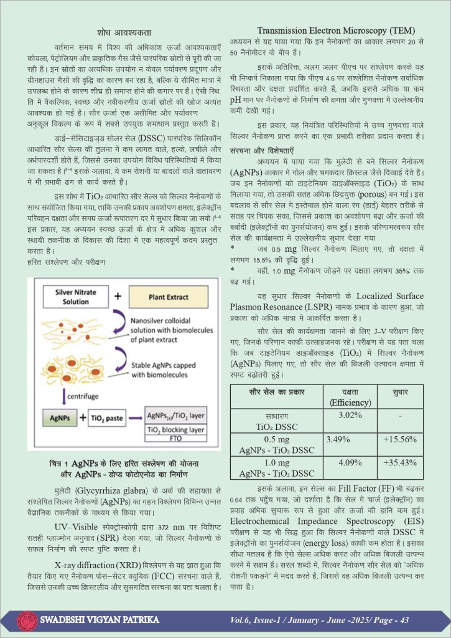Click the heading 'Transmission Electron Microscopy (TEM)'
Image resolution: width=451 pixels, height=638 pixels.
click(337, 30)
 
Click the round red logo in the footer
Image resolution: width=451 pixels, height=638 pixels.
click(26, 620)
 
